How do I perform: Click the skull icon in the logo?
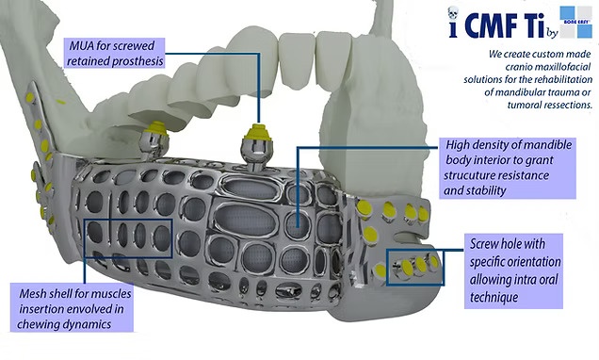[x=453, y=13]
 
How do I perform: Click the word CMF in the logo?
[x=488, y=24]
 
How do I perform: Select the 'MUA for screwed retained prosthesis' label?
[x=114, y=53]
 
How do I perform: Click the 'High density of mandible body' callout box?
[x=508, y=168]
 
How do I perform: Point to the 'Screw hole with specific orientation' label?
[x=514, y=270]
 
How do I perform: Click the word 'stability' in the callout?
[x=483, y=190]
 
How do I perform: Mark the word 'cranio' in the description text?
[x=520, y=67]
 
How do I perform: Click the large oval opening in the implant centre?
[x=245, y=221]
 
